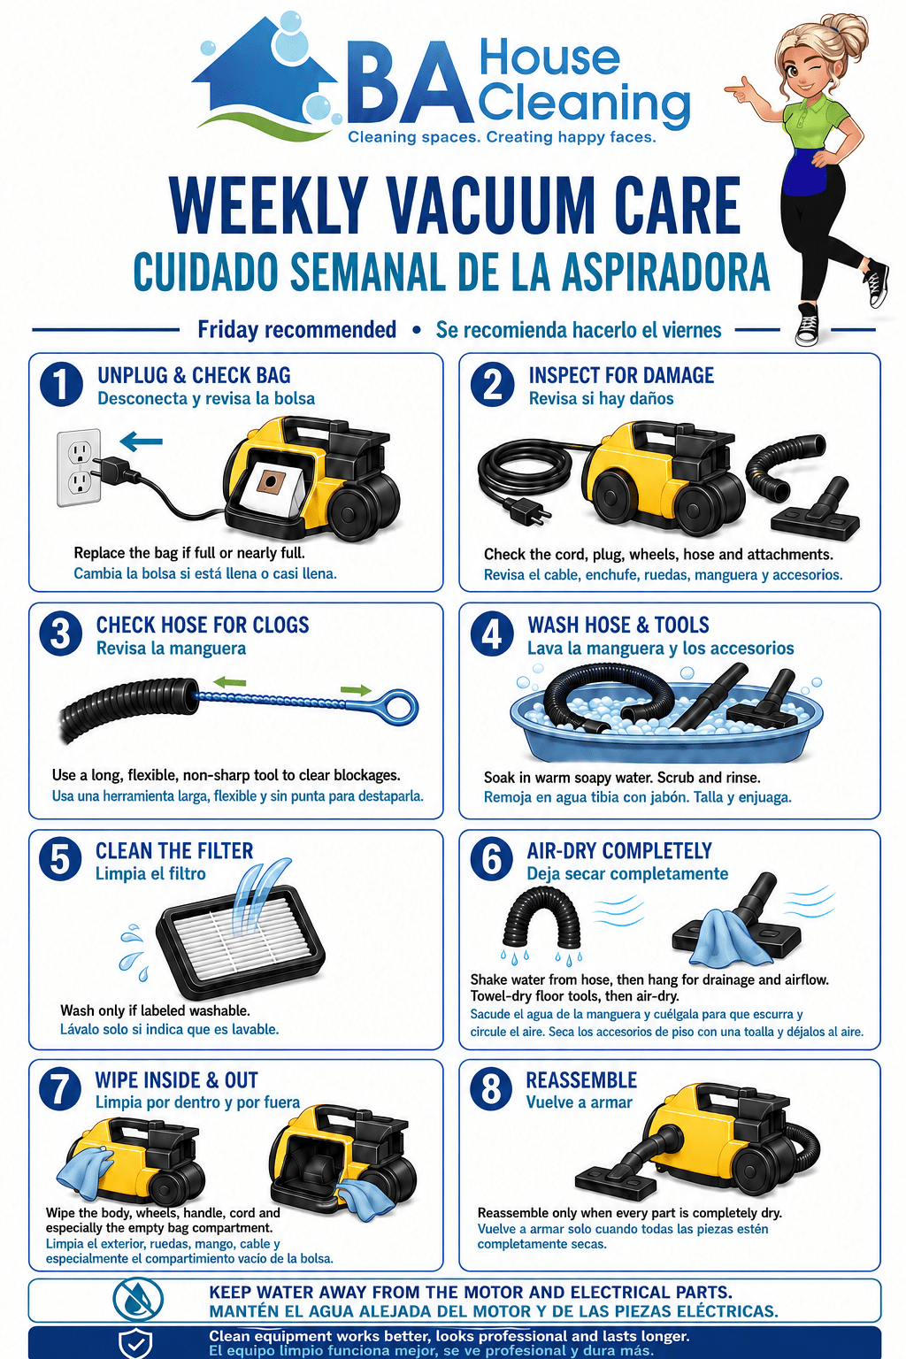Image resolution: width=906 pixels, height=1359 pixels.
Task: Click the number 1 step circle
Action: tap(61, 385)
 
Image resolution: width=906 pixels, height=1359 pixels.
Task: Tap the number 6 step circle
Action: tap(492, 859)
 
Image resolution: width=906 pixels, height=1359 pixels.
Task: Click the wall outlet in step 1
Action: tap(79, 467)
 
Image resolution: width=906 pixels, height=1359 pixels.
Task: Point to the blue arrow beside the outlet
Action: tap(142, 441)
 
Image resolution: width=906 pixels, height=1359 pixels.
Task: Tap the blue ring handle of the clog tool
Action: tap(398, 707)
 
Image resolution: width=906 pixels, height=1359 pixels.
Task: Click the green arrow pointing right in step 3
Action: tap(356, 690)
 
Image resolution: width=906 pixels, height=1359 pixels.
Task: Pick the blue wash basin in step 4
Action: tap(666, 725)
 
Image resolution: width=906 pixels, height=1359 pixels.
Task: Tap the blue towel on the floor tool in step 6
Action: tap(726, 937)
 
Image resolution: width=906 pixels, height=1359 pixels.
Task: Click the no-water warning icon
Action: tap(138, 1300)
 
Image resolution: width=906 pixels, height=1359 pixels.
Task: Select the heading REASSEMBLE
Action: tap(581, 1080)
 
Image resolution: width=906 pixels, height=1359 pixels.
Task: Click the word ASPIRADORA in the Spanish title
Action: tap(665, 272)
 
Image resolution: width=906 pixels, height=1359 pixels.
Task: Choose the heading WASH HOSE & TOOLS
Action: tap(618, 625)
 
